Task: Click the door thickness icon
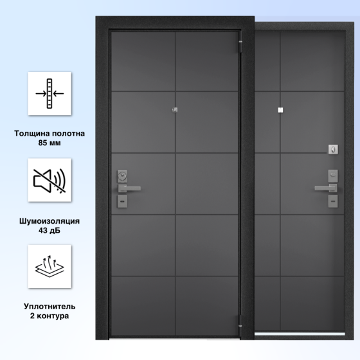point(50,93)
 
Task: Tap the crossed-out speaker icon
point(50,181)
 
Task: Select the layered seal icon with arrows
point(50,266)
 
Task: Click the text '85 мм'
point(50,143)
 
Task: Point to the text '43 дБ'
point(50,230)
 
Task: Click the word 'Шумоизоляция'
point(50,221)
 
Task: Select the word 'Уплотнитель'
point(50,306)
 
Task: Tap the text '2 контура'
point(50,316)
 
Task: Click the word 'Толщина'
point(32,134)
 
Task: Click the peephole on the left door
point(175,110)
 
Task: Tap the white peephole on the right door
point(280,110)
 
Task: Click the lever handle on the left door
point(129,188)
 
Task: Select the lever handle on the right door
point(326,188)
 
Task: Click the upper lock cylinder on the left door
point(122,176)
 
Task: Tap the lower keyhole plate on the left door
point(122,201)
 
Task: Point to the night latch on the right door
point(333,149)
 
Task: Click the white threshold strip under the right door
point(300,334)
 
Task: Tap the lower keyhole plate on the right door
point(333,201)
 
